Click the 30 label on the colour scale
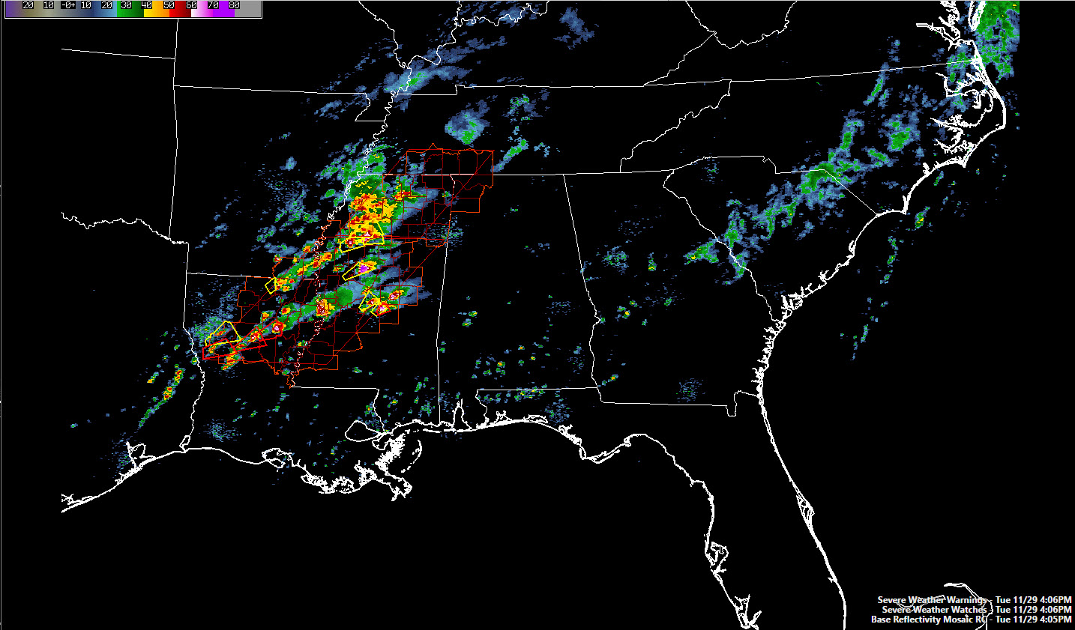pyautogui.click(x=125, y=5)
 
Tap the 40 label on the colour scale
pyautogui.click(x=147, y=5)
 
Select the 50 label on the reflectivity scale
pyautogui.click(x=169, y=5)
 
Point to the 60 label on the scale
pyautogui.click(x=191, y=5)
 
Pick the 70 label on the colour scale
pyautogui.click(x=213, y=5)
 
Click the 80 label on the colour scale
pyautogui.click(x=234, y=5)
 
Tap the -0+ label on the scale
pyautogui.click(x=68, y=5)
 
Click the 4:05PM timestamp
pyautogui.click(x=1054, y=620)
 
